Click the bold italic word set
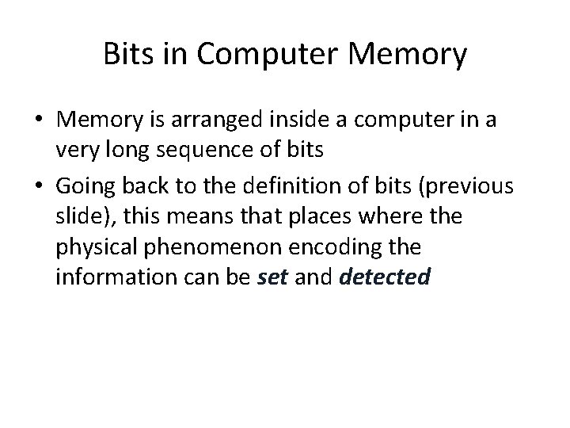coord(273,278)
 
